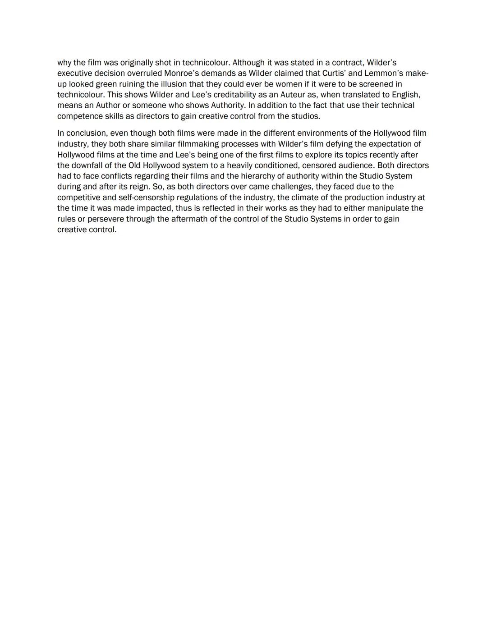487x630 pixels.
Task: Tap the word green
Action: click(x=106, y=84)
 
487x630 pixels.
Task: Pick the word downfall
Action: click(x=87, y=165)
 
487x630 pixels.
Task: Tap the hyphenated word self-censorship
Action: click(x=146, y=198)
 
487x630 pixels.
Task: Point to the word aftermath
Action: click(x=189, y=219)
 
